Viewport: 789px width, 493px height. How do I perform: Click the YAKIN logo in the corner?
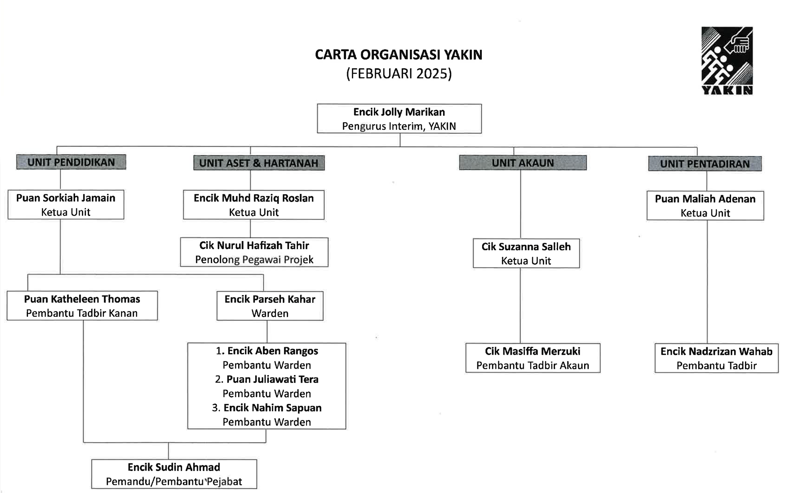point(727,60)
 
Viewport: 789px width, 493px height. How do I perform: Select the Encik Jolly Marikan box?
point(399,119)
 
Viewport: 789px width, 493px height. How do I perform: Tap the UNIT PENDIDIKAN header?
point(71,162)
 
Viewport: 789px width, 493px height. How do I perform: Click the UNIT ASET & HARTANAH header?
point(258,163)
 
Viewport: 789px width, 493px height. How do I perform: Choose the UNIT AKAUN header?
point(523,163)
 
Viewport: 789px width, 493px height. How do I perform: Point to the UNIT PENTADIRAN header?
point(704,164)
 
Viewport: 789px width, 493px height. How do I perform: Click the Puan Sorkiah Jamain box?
point(66,205)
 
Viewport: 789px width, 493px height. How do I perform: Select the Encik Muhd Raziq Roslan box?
point(253,205)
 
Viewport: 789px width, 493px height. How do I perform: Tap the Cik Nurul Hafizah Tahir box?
point(254,252)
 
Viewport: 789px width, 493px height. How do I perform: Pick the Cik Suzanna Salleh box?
point(526,253)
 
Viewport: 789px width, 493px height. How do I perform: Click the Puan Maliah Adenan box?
point(705,206)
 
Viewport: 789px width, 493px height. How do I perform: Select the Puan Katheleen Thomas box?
point(82,306)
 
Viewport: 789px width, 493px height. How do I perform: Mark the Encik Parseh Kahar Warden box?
point(270,306)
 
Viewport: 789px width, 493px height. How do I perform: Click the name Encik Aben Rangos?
point(272,351)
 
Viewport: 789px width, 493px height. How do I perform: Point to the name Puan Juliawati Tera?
point(272,379)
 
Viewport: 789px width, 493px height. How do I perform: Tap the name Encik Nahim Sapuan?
point(272,408)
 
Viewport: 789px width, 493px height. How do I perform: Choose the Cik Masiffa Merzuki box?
point(533,358)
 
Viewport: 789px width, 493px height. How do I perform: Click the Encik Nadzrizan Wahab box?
point(716,358)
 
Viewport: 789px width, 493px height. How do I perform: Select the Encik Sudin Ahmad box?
point(174,474)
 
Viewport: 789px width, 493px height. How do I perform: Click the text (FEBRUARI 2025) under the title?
point(399,74)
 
